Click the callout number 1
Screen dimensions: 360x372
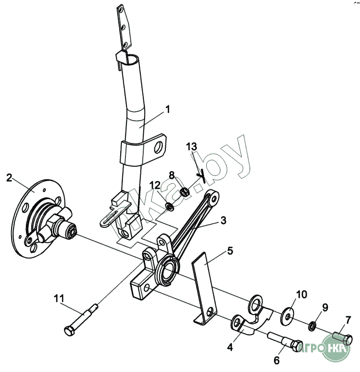coord(168,110)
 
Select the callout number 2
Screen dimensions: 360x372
coord(9,178)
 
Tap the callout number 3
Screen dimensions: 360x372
coord(223,221)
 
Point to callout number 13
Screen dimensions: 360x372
coord(191,147)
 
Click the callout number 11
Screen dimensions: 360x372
coord(59,298)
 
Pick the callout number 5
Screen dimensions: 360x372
coord(230,251)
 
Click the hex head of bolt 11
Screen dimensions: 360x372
coord(69,331)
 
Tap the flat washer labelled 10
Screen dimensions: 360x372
coord(287,316)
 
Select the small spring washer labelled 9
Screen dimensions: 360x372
coord(312,326)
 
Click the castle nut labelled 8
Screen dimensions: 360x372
coord(185,192)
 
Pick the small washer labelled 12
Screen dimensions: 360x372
coord(170,207)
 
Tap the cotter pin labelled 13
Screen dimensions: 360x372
coord(201,175)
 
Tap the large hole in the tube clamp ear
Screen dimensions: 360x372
coord(158,148)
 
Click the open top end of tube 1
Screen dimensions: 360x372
coord(132,59)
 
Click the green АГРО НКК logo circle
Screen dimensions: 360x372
coord(336,348)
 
